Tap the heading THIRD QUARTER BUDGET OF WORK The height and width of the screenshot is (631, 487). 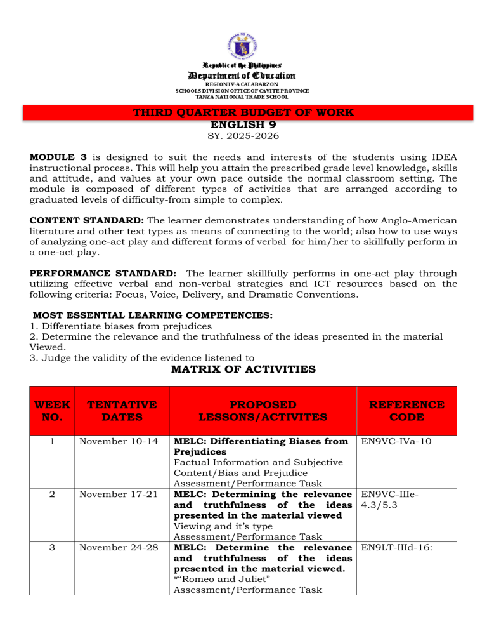coord(243,113)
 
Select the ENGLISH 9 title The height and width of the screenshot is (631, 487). coord(243,125)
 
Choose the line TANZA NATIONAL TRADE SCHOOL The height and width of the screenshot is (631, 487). coord(243,97)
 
